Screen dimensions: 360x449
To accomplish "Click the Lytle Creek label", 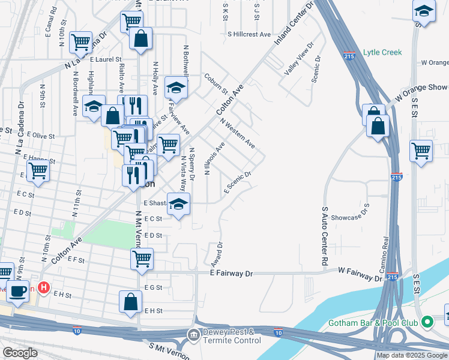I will point(382,52).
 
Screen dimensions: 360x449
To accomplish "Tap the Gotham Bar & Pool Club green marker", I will point(427,323).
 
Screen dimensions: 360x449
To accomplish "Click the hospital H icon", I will point(43,288).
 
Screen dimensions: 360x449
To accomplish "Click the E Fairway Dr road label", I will point(232,273).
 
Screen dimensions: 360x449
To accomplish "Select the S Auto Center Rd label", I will point(325,236).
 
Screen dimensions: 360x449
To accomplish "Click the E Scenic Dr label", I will point(237,182).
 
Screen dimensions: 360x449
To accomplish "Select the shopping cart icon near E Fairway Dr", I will point(142,259).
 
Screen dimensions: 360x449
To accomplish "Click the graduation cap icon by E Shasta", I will point(178,204).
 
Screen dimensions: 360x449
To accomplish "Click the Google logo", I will point(20,353).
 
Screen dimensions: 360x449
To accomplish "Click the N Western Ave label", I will point(238,133).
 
